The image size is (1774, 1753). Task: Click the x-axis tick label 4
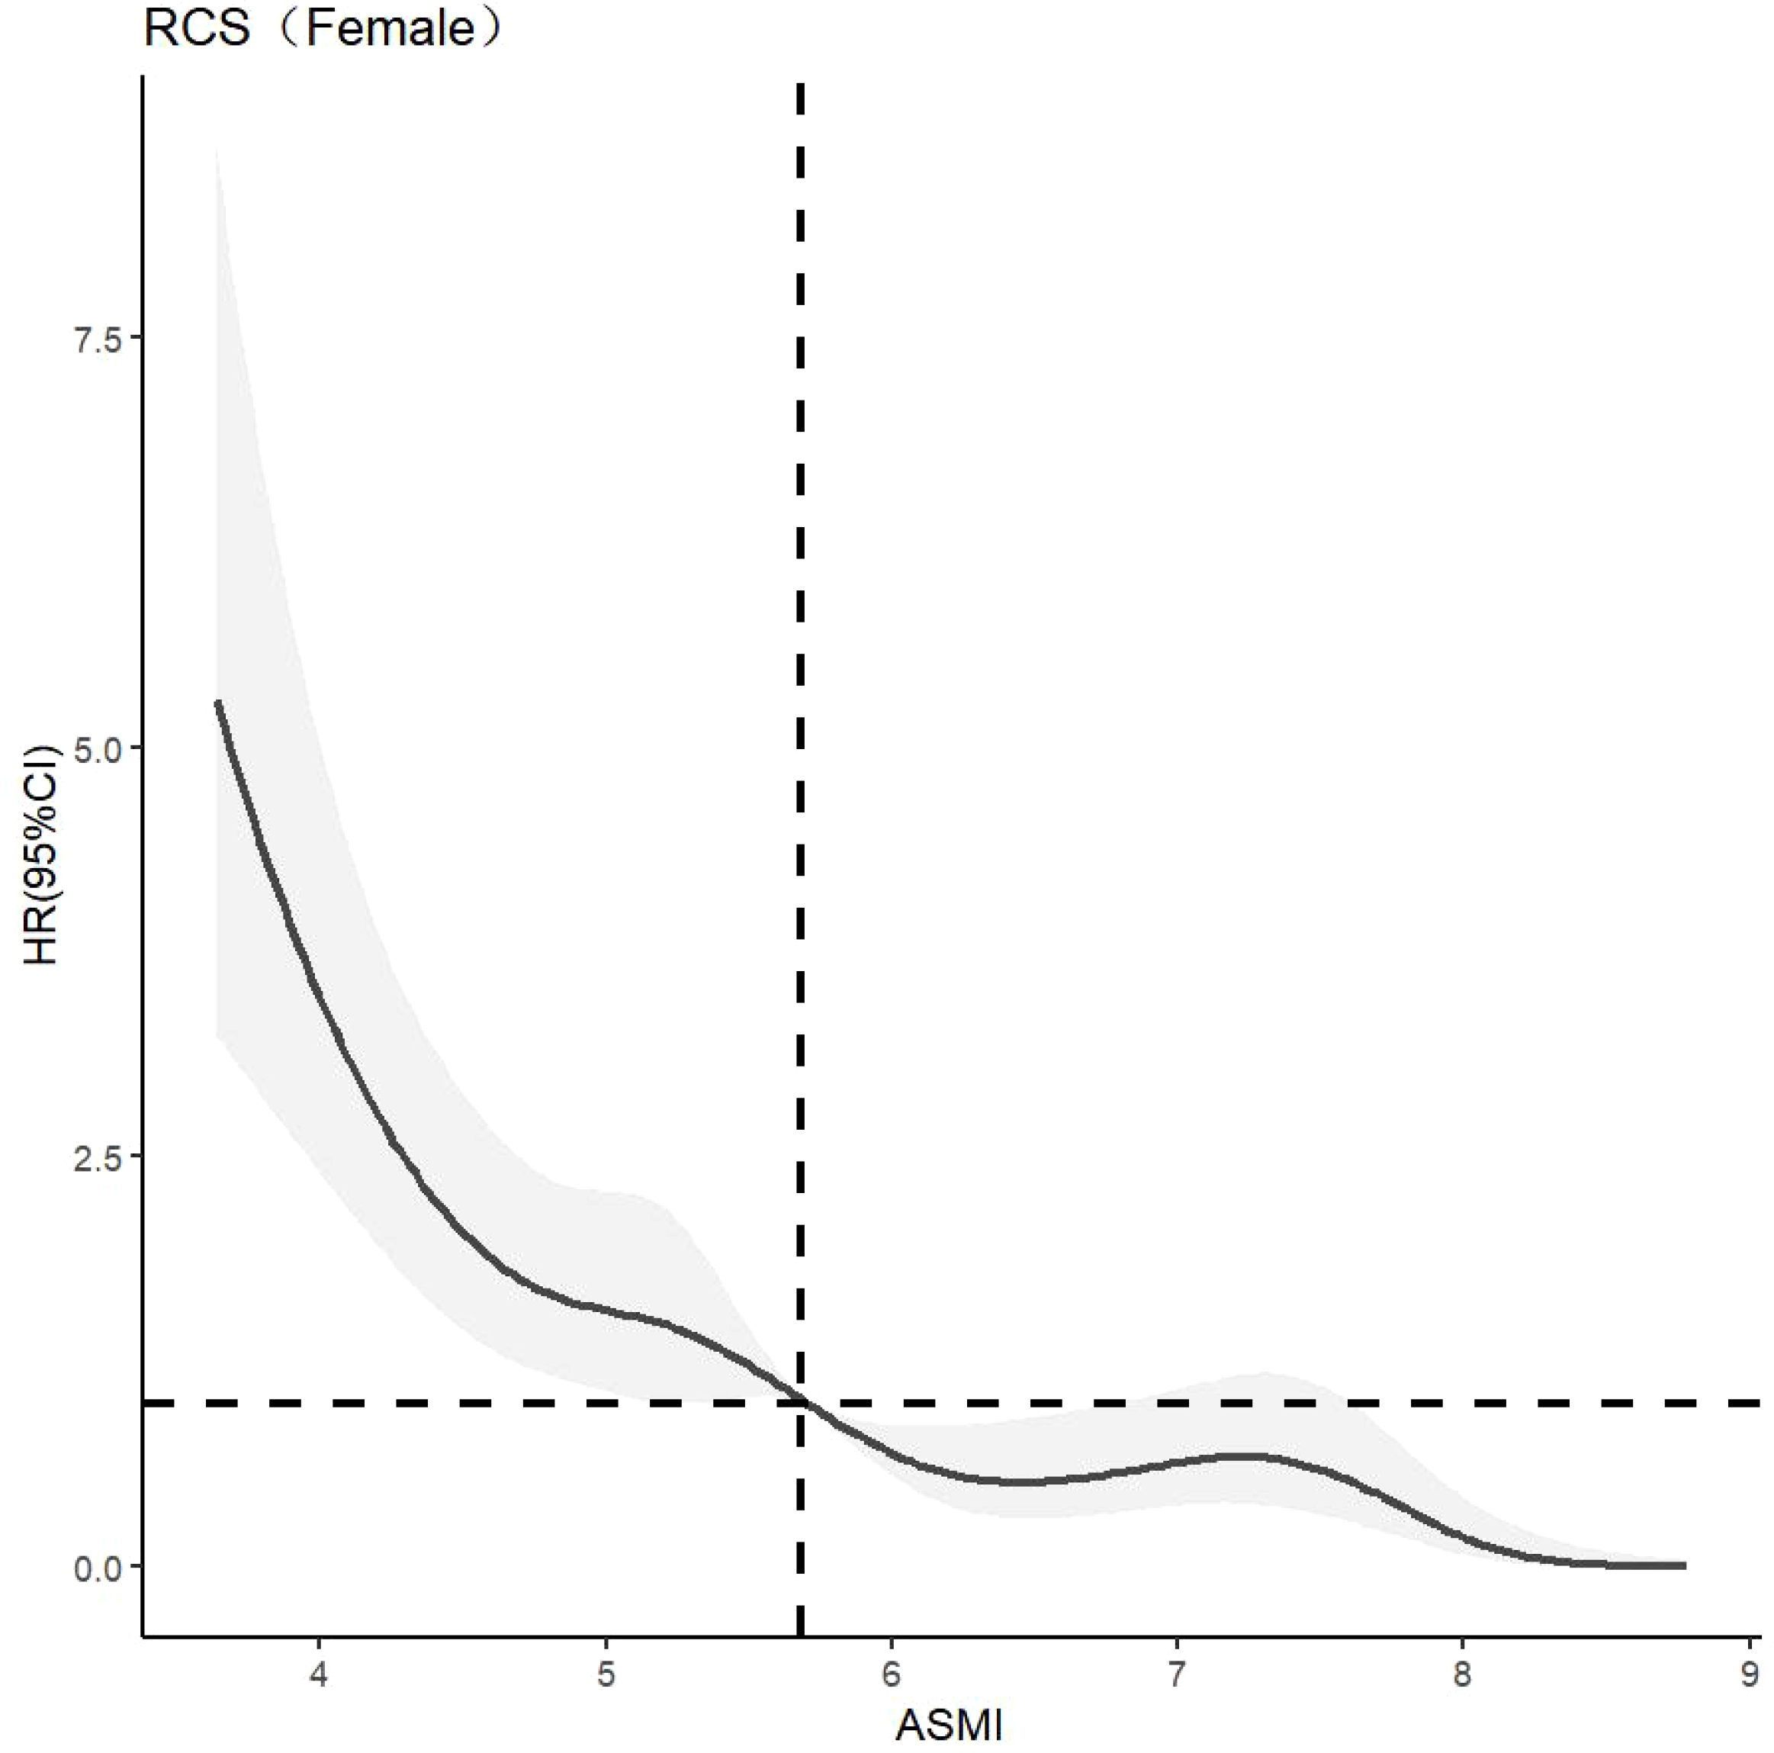(x=319, y=1674)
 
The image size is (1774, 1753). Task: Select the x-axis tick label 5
(x=605, y=1674)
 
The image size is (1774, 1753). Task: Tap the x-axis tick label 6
(x=891, y=1674)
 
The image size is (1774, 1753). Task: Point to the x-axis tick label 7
(x=1176, y=1674)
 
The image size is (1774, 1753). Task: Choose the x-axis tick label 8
(x=1462, y=1674)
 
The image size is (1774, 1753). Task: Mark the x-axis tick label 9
(x=1747, y=1674)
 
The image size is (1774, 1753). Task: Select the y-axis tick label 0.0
(x=98, y=1569)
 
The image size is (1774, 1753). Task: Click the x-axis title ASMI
(x=949, y=1726)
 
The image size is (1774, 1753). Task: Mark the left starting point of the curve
(x=217, y=703)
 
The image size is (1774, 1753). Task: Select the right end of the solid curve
(x=1684, y=1565)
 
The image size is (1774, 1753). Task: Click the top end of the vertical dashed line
(x=801, y=85)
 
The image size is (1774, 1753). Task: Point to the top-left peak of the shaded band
(x=217, y=147)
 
